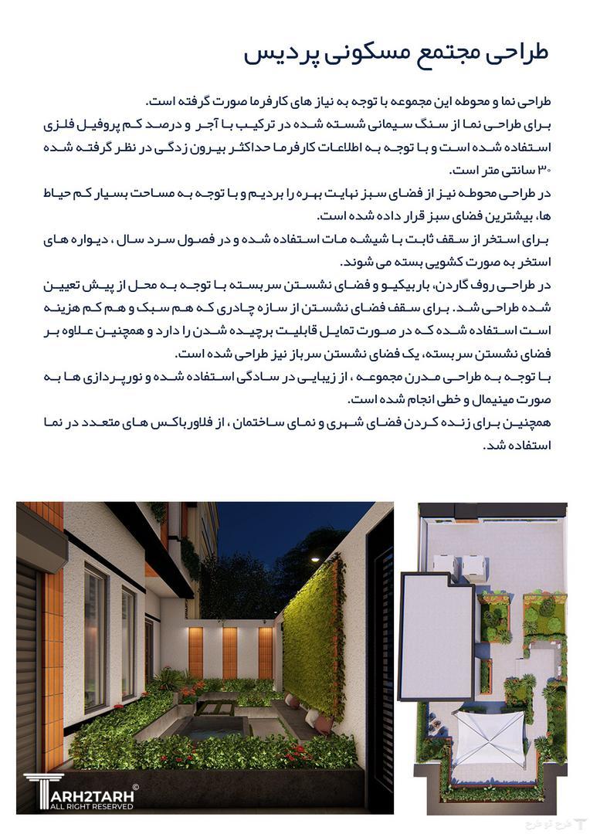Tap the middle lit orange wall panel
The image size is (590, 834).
(229, 651)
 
